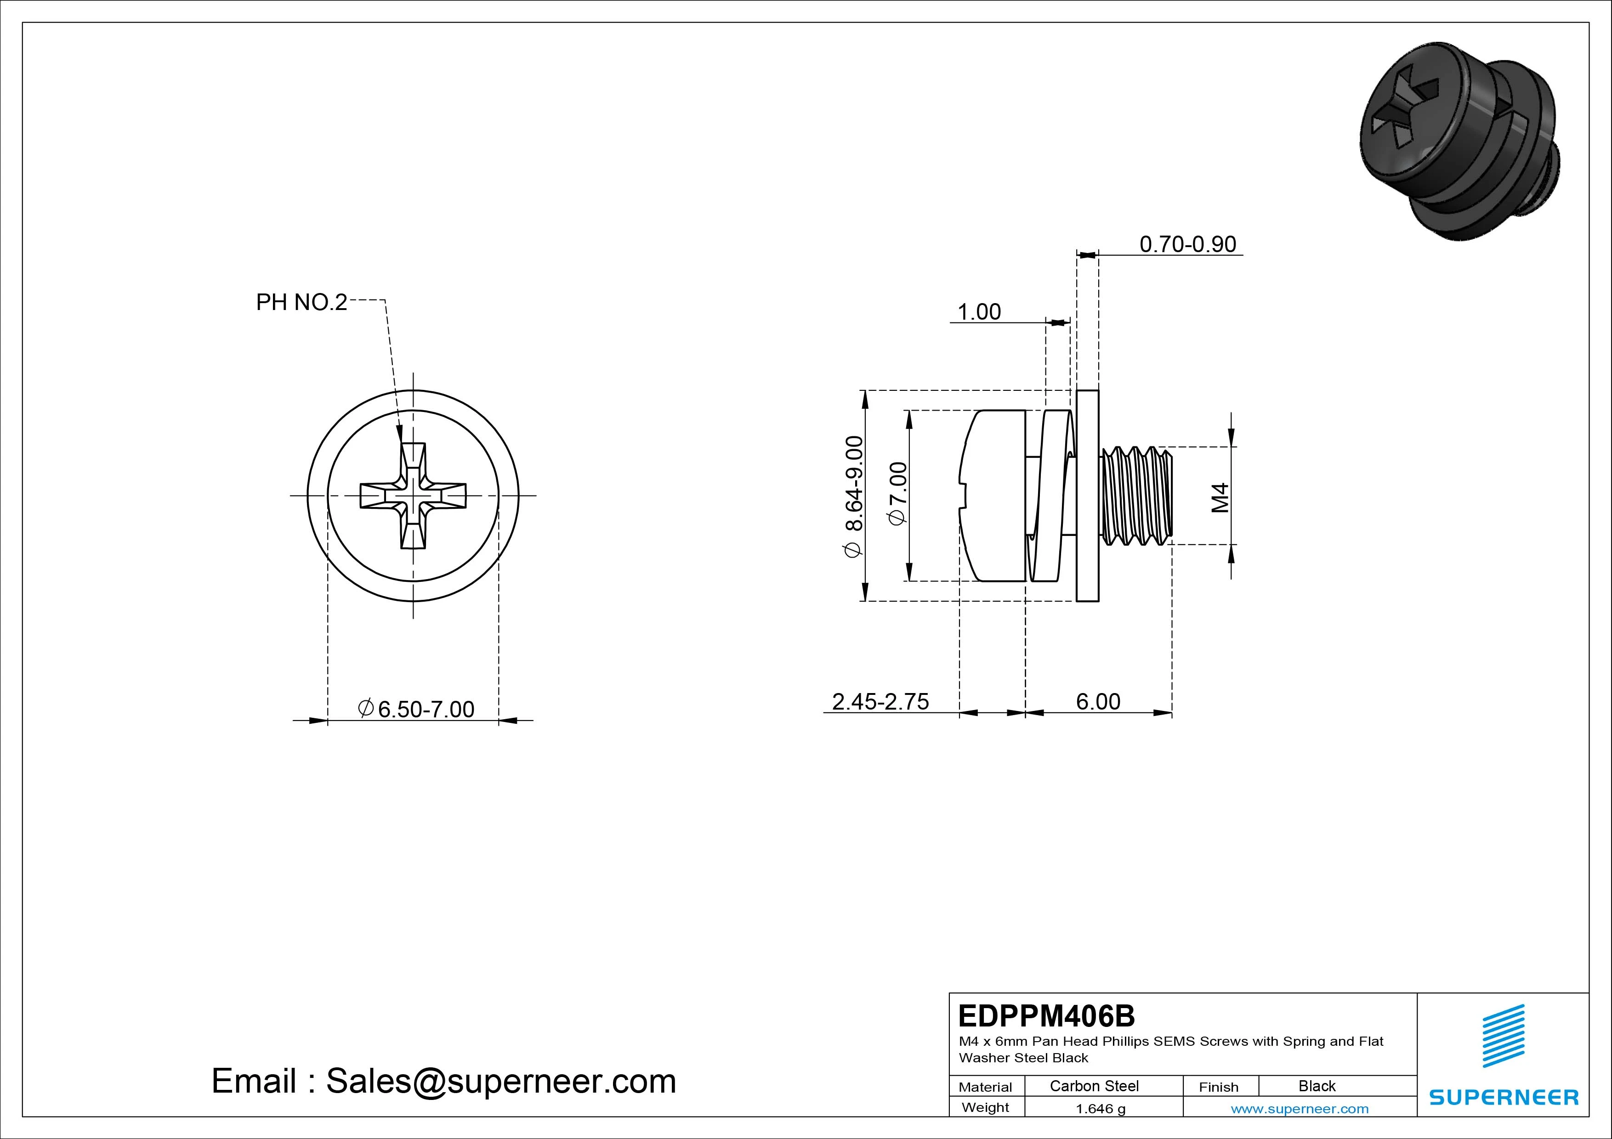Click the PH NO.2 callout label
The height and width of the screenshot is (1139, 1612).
coord(301,303)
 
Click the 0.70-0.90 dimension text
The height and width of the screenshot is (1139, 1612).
coord(1187,244)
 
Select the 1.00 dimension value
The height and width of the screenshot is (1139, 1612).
coord(979,311)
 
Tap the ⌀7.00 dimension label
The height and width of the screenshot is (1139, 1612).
coord(898,493)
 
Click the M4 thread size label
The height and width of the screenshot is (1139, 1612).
coord(1220,497)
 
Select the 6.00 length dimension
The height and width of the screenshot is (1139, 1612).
coord(1098,701)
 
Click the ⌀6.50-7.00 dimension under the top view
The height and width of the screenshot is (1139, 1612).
coord(416,709)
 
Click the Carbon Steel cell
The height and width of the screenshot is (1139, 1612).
coord(1094,1086)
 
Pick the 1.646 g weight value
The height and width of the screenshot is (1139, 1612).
coord(1100,1109)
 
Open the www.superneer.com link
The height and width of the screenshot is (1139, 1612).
coord(1300,1109)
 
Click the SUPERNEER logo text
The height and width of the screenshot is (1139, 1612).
coord(1503,1097)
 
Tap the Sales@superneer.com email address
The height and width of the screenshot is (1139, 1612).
coord(500,1081)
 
